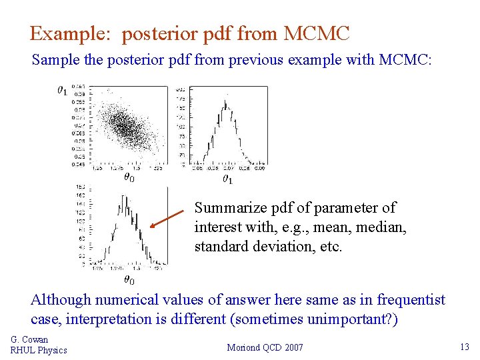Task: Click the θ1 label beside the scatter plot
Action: coord(61,89)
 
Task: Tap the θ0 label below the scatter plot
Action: coord(129,177)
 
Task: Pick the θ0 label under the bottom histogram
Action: coord(129,281)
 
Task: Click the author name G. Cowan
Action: coord(29,339)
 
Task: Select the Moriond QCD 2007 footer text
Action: coord(265,347)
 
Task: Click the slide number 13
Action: coord(465,347)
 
